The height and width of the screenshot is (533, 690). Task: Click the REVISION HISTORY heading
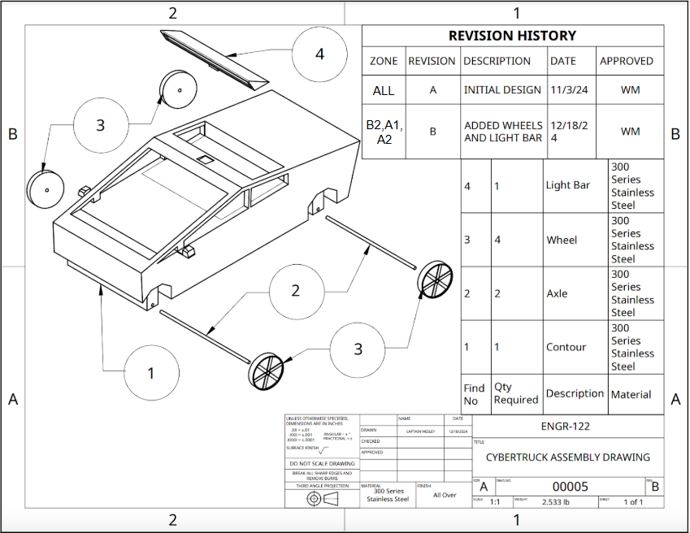512,36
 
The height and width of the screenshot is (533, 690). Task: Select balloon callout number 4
319,54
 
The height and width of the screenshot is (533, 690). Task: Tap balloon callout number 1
151,373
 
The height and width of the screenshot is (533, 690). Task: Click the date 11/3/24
567,90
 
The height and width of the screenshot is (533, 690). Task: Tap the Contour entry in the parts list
566,347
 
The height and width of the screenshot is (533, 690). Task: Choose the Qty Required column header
515,393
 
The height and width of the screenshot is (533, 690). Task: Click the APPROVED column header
626,61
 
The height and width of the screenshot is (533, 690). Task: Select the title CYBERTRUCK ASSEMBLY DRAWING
567,457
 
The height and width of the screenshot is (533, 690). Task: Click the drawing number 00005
569,487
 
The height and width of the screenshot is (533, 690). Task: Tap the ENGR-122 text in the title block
565,426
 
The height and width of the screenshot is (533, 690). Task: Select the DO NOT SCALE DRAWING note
322,464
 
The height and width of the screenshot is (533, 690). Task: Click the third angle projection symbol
322,500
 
